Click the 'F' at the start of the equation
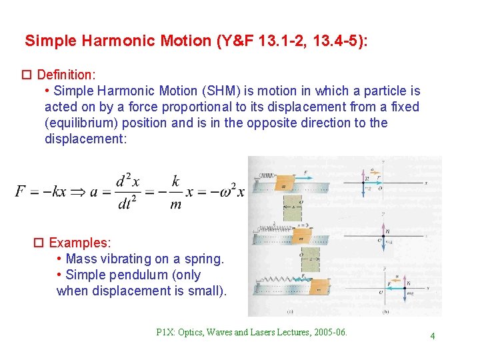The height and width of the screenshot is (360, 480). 21,192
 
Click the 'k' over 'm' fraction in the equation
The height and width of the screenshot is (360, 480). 175,192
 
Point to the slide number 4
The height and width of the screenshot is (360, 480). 432,336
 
